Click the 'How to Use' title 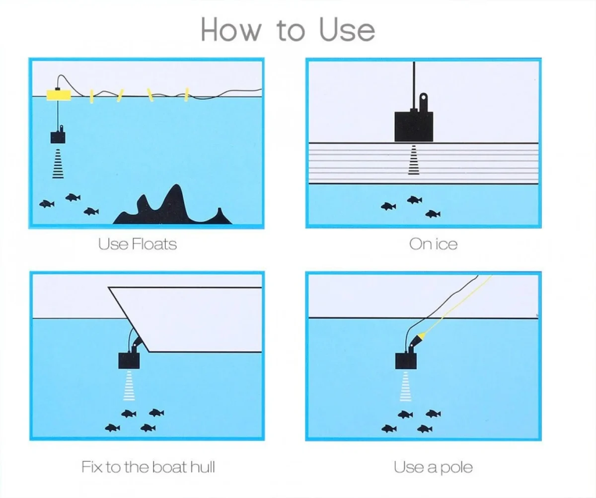pyautogui.click(x=288, y=29)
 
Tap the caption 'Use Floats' pyautogui.click(x=137, y=245)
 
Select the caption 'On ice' pyautogui.click(x=433, y=245)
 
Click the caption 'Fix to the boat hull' pyautogui.click(x=148, y=467)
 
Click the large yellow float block pyautogui.click(x=59, y=95)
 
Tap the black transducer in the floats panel pyautogui.click(x=58, y=136)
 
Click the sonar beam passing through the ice pyautogui.click(x=414, y=160)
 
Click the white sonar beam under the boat pyautogui.click(x=129, y=386)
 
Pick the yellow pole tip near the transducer pyautogui.click(x=422, y=336)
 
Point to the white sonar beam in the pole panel pyautogui.click(x=406, y=387)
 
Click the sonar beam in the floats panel pyautogui.click(x=58, y=164)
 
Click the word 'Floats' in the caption pyautogui.click(x=154, y=245)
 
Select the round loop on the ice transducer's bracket pyautogui.click(x=423, y=97)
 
